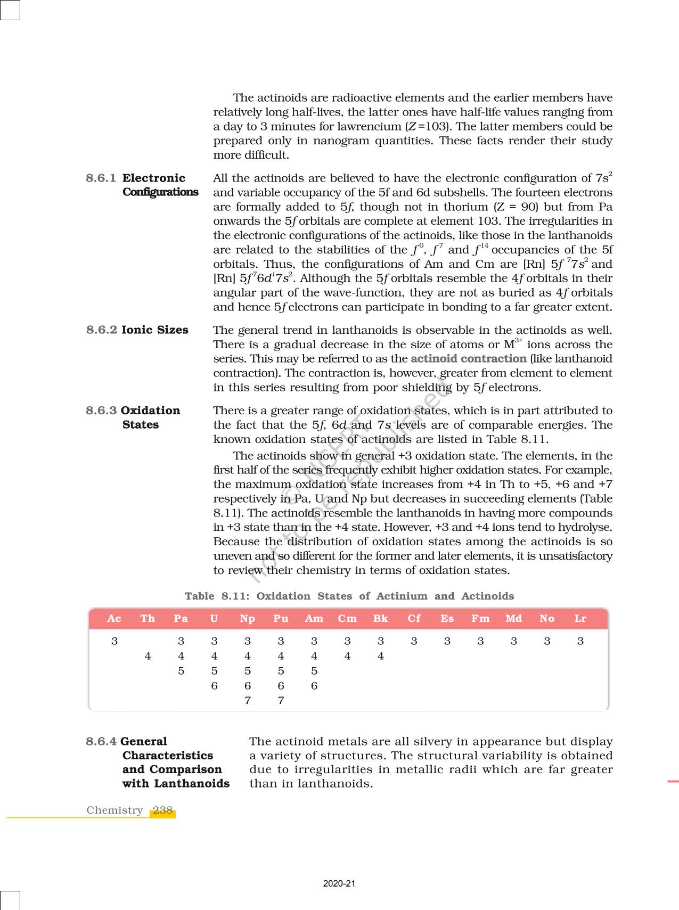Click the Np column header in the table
247,618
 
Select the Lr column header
580,618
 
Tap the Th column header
148,618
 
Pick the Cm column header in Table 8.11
347,618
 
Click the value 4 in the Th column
148,656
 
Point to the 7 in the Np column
248,700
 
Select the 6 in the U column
214,686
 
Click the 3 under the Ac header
114,641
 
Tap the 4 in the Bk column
381,656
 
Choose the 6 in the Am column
314,686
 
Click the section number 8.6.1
101,178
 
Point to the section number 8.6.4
101,741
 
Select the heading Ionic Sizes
155,330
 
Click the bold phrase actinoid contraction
468,358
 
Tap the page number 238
162,810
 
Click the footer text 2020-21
339,883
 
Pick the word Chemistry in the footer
114,810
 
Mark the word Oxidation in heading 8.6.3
151,411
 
